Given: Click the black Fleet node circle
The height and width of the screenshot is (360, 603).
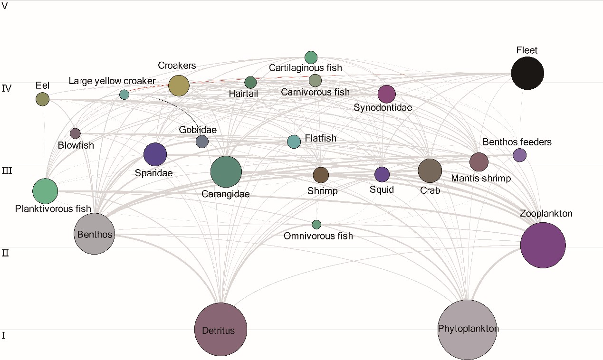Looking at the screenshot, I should click(x=527, y=73).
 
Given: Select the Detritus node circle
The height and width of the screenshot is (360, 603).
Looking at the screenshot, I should click(x=220, y=329).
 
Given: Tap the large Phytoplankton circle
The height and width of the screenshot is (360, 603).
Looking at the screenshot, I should click(x=468, y=330).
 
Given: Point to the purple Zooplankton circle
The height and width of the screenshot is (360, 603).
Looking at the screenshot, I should click(x=543, y=246).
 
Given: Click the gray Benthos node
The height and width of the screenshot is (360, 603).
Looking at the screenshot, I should click(x=95, y=234).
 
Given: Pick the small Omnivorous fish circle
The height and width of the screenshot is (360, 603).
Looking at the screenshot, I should click(x=316, y=224).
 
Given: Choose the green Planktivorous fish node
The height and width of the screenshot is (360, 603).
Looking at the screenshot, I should click(x=45, y=191).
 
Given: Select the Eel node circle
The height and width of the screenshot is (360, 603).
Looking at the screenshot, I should click(x=42, y=99).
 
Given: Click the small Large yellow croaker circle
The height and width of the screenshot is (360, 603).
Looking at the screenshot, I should click(x=124, y=94).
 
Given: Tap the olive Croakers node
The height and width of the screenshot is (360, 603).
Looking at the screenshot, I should click(x=179, y=85).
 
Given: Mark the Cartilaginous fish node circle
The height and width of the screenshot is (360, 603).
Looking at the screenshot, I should click(x=311, y=57).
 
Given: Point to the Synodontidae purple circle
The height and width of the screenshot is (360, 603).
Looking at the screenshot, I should click(x=386, y=94).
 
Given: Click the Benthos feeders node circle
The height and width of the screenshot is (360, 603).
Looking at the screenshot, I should click(x=519, y=155).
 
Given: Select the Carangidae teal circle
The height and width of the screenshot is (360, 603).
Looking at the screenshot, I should click(x=226, y=171).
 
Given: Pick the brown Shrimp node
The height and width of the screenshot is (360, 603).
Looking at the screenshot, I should click(x=321, y=175).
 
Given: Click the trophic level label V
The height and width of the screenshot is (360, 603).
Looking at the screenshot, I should click(x=5, y=6).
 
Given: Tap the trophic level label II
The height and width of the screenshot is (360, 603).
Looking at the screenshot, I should click(x=5, y=253).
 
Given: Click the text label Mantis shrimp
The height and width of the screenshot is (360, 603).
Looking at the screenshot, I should click(x=481, y=179).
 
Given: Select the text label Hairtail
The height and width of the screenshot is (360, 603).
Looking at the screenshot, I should click(x=243, y=94).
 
